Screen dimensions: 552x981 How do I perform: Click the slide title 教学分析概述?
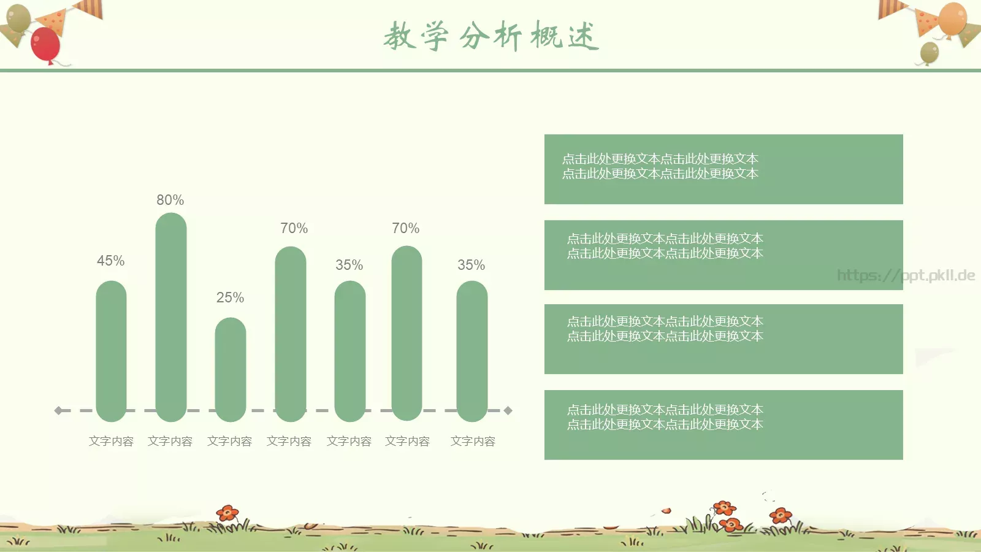[490, 36]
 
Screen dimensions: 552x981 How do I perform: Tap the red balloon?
[45, 44]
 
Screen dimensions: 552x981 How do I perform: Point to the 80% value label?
[170, 200]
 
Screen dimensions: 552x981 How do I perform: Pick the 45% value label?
[110, 261]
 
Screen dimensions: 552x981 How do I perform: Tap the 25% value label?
[230, 297]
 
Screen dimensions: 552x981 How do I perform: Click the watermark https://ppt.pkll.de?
[906, 275]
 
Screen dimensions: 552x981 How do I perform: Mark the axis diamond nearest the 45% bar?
[58, 410]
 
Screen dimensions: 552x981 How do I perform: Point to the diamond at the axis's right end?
[508, 410]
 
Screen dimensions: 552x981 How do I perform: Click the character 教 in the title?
[400, 36]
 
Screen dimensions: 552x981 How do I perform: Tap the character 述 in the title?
[582, 36]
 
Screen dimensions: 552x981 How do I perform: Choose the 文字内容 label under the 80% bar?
[170, 441]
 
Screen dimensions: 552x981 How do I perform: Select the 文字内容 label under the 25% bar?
[229, 441]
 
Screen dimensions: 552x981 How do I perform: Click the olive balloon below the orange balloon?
[929, 53]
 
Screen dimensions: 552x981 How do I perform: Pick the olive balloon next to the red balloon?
[18, 18]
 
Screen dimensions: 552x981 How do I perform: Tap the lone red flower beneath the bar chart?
[227, 513]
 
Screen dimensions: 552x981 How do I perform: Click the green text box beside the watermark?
[723, 255]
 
